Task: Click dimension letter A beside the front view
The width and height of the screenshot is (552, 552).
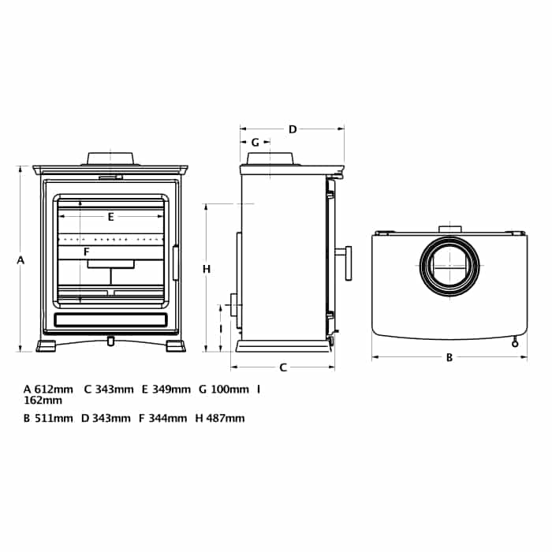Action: point(21,259)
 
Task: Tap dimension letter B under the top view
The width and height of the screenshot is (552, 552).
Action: point(449,356)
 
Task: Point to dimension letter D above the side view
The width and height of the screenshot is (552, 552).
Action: point(292,129)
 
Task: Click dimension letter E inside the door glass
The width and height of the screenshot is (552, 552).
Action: point(111,215)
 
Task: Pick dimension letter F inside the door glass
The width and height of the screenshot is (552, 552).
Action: point(87,252)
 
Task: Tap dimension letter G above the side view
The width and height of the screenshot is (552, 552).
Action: point(255,143)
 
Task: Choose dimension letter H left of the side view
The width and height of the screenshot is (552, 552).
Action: point(206,269)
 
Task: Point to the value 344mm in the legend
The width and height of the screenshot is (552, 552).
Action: point(169,418)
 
